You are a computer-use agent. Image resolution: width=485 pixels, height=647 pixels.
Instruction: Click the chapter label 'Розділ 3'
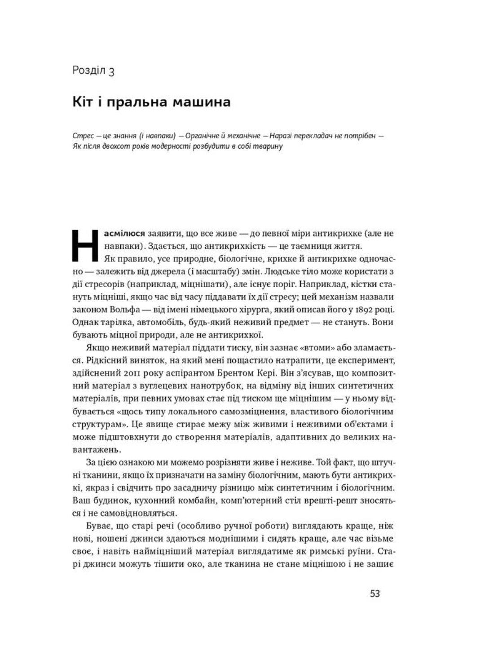(93, 71)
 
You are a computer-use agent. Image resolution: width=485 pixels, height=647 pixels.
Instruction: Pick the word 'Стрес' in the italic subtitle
(83, 136)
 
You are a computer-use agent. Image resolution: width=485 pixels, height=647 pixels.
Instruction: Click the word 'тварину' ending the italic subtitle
(268, 146)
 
